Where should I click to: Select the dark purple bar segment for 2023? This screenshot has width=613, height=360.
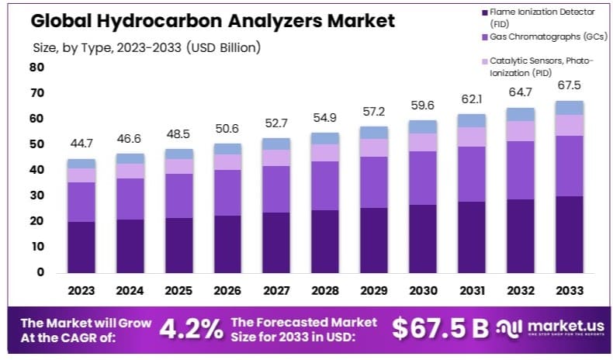81,247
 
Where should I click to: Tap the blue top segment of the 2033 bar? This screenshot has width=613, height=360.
569,108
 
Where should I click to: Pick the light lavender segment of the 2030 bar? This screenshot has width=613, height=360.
423,142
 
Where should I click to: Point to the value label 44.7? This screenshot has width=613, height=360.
81,144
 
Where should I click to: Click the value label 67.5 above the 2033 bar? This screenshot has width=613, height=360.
569,85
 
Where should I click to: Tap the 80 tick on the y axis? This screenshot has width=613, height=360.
36,67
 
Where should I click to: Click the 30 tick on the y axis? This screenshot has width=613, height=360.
36,196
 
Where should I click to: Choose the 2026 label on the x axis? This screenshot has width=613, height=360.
227,290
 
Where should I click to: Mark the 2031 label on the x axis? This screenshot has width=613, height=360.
471,290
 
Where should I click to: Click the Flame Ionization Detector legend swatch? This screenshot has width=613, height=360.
485,13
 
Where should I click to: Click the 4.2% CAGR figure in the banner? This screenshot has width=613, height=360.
191,329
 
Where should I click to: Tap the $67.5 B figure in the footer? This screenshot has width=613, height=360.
440,328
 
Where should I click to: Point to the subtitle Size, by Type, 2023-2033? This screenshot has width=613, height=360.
147,47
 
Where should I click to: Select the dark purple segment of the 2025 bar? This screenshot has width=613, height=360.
179,244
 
